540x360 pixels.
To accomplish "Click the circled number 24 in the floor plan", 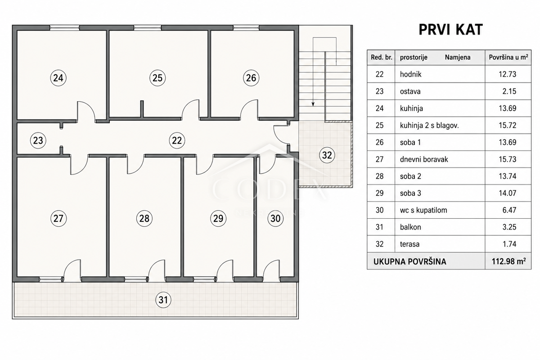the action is [x=58, y=78].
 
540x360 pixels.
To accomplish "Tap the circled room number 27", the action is [x=58, y=218].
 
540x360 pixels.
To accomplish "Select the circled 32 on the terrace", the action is [x=327, y=155].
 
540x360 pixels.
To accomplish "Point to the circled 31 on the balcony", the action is [x=163, y=300].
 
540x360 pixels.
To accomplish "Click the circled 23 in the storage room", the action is [x=38, y=140].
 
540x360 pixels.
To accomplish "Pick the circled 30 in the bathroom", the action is [x=275, y=218].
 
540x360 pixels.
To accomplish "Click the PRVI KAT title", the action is [x=450, y=30].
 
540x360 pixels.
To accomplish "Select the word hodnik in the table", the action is [x=410, y=74].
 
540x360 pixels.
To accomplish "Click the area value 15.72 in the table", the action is [x=508, y=125].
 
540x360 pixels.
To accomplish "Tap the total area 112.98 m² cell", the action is [x=508, y=261].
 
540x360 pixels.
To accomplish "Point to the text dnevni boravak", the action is [x=424, y=159].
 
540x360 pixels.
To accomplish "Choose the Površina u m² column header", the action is [x=508, y=57].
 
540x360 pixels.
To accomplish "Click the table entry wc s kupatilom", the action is [x=423, y=210].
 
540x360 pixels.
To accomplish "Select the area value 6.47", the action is [x=509, y=210].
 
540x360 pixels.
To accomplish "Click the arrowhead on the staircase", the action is [x=313, y=104].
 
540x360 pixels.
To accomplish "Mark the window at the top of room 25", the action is [x=148, y=28].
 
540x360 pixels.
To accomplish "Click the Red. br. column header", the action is [x=382, y=58].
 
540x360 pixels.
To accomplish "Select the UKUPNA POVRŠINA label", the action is [x=410, y=261].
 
